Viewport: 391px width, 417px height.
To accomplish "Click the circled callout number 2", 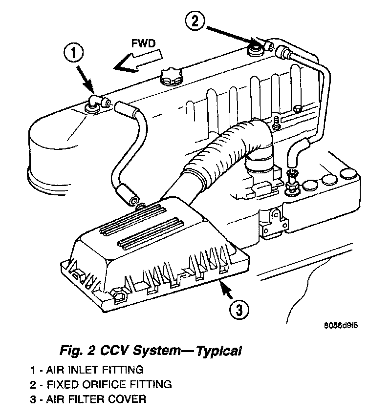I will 195,21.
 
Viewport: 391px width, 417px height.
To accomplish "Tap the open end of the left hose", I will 132,199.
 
